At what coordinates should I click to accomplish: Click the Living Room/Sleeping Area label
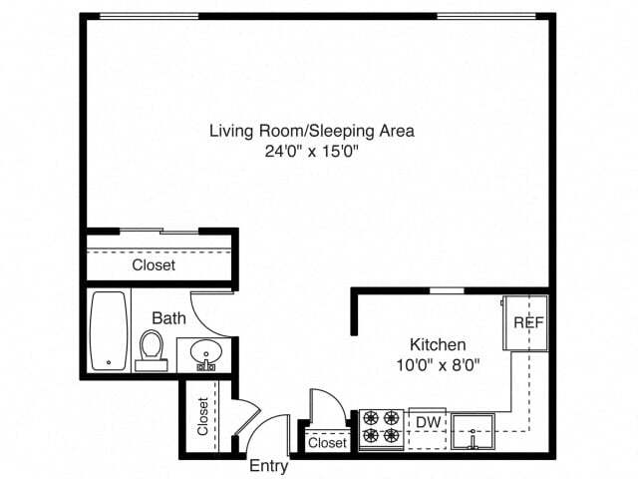311,131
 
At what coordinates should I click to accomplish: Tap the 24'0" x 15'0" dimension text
311,153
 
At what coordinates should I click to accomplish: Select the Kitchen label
438,344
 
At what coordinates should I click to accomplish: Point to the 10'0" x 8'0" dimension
438,364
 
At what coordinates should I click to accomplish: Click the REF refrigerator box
526,322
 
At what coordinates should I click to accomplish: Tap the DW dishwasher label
429,422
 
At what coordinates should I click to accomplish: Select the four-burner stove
380,426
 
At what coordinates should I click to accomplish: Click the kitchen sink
473,431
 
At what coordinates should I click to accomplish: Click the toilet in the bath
152,349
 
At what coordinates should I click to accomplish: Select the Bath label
168,318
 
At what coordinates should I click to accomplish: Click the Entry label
268,466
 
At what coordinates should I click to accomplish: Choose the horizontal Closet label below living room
154,265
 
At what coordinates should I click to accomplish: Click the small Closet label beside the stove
327,442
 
